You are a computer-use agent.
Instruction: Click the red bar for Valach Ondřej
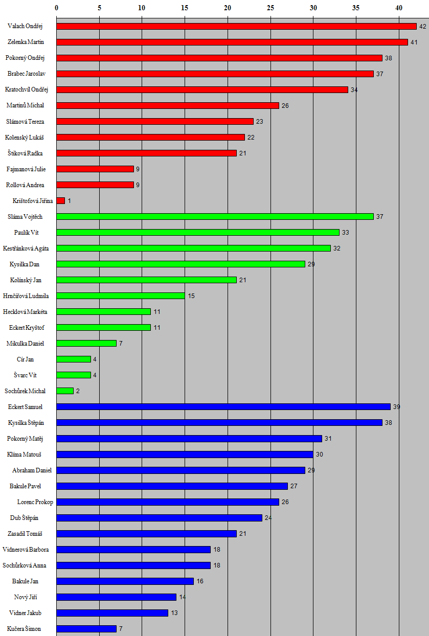236,26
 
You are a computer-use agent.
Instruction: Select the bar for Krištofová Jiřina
61,201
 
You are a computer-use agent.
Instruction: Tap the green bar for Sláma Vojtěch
215,217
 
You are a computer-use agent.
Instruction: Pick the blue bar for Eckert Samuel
223,407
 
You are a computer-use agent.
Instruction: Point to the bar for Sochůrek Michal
65,391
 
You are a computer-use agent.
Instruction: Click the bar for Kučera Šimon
86,629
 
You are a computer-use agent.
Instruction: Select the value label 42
422,26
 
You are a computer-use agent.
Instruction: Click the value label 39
397,407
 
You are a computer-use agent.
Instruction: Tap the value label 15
191,296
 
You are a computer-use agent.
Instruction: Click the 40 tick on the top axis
399,8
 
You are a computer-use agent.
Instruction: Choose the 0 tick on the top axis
56,8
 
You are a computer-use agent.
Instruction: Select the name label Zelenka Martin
26,42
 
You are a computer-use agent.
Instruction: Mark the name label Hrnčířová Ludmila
26,296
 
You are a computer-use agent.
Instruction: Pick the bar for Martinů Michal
168,105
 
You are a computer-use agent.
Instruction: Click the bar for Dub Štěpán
159,518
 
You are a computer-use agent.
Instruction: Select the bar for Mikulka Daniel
86,344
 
